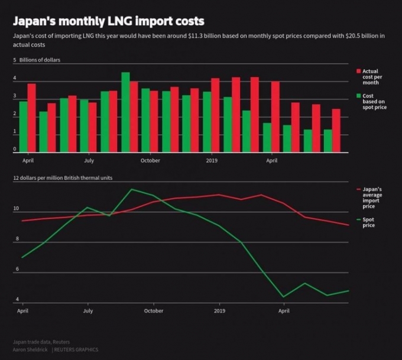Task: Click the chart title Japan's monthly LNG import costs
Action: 108,21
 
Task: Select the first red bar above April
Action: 31,118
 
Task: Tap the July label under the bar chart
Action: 89,160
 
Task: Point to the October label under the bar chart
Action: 150,160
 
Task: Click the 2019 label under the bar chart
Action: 212,160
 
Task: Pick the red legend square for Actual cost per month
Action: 358,71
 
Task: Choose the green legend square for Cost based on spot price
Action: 358,96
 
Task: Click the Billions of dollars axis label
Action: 40,60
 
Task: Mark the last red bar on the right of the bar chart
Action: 336,131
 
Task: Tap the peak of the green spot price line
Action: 131,189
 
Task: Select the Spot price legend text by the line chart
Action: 368,223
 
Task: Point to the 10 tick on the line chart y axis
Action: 16,209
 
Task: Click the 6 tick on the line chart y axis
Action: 16,270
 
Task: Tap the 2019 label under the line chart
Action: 219,310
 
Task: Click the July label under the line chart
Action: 88,310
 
